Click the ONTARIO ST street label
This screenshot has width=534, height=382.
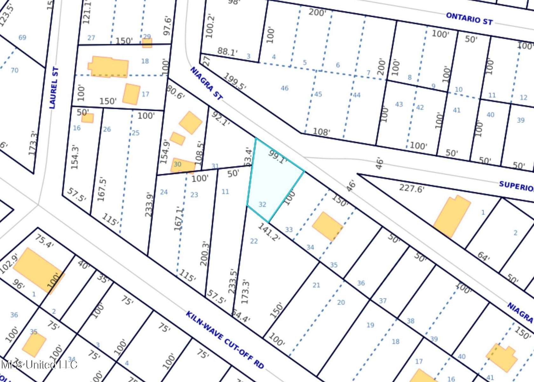coord(469,19)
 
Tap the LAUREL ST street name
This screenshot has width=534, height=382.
coord(54,88)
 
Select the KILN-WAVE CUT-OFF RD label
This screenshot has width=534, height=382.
coord(225,340)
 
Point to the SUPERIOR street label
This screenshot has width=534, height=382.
coord(516,186)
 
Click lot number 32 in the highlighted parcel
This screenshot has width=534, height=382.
coord(262,204)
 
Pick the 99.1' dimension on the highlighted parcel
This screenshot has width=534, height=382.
coord(277,157)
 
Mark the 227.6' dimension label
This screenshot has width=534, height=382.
coord(412,188)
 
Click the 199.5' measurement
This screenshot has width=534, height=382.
coord(235,81)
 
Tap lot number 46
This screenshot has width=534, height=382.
coord(284,88)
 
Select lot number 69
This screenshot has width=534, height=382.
coord(22,38)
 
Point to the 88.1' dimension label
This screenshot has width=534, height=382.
coord(228,52)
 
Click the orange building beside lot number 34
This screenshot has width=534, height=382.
coord(327,226)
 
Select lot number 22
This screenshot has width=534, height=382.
coord(254,241)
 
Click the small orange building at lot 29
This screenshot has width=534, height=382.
coord(147,43)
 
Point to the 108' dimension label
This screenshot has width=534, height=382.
coord(321,131)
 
